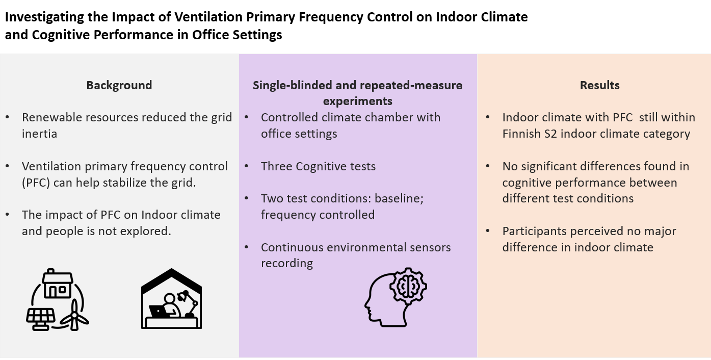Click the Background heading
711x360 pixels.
[x=119, y=85]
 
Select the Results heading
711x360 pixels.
[x=599, y=85]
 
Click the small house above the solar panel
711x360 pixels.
[x=57, y=284]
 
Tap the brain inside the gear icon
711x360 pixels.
[x=407, y=288]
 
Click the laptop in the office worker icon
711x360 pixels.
[x=159, y=311]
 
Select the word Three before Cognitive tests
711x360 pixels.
[x=276, y=166]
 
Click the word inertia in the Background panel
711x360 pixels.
[x=39, y=134]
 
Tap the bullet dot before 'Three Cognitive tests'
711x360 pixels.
[x=247, y=166]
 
